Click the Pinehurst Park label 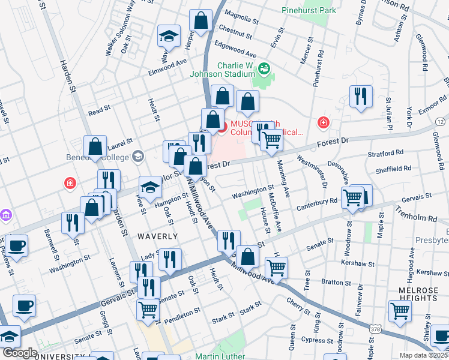[x=309, y=11]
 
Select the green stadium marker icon [x=264, y=70]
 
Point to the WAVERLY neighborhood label [x=157, y=237]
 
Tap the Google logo [x=20, y=353]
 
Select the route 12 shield [x=441, y=122]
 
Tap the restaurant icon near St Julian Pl [x=361, y=96]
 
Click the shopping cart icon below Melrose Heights [x=400, y=311]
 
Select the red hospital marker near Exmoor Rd [x=324, y=122]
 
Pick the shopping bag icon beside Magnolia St [x=200, y=20]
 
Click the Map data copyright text [x=424, y=355]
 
